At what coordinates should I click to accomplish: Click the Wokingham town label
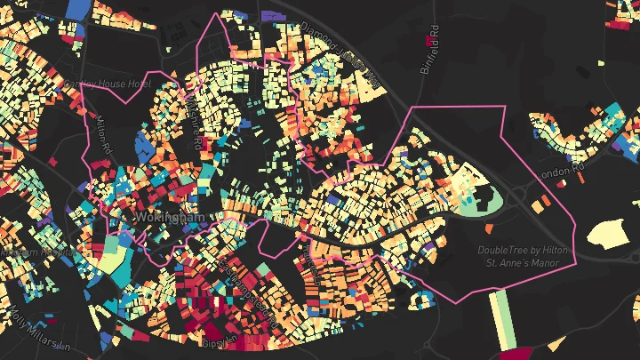[169, 217]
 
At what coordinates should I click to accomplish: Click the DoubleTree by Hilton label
[525, 251]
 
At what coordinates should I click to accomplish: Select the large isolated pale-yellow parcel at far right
[611, 234]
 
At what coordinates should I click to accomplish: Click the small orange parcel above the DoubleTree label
[540, 205]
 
